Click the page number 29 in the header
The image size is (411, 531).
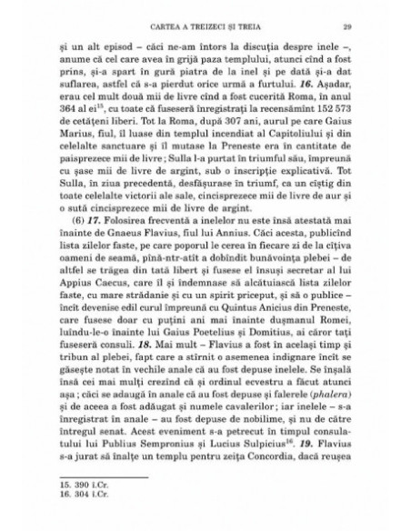346,24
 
